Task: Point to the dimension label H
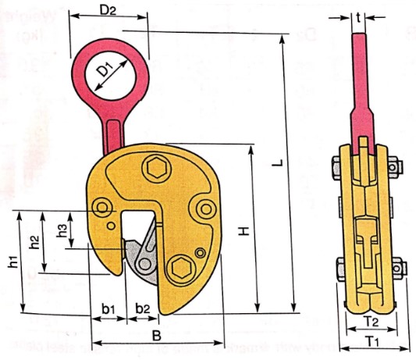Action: point(244,232)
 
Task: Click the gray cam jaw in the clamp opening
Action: point(140,258)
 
